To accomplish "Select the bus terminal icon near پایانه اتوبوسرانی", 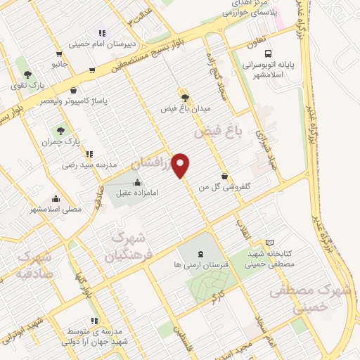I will point(268,53).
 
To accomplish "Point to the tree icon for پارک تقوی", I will point(27,74).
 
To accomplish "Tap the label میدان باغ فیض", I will point(186,109).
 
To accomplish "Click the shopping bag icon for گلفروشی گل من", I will point(224,176).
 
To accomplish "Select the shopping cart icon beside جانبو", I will point(92,70).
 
